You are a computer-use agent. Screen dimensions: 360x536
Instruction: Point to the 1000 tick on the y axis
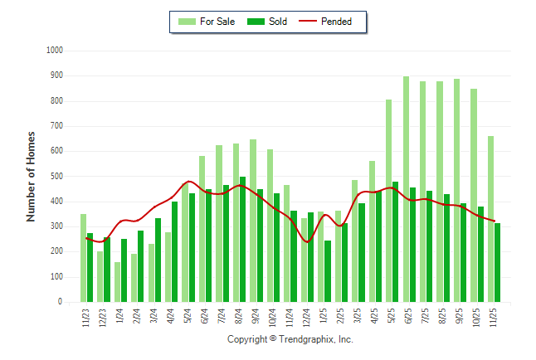(x=56, y=51)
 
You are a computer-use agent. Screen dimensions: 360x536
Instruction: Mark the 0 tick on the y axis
(x=61, y=303)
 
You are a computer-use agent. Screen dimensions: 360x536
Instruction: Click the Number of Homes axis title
(x=32, y=176)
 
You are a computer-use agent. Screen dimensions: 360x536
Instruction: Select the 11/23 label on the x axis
(x=86, y=319)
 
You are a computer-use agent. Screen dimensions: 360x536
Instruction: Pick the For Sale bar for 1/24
(x=117, y=282)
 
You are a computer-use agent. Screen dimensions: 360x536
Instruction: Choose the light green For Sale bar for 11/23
(x=83, y=258)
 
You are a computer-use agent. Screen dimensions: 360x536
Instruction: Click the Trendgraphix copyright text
(x=290, y=339)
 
